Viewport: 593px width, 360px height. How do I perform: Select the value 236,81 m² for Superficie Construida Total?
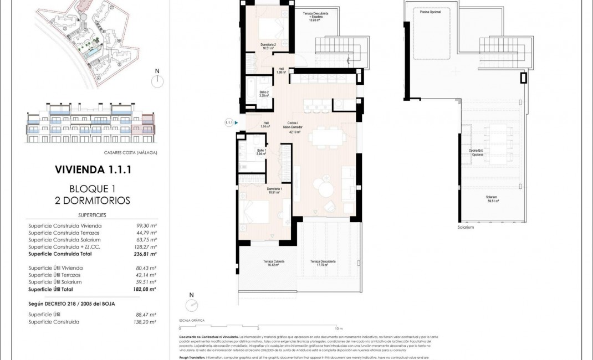(146, 254)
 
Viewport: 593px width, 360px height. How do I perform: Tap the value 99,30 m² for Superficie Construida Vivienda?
(146, 225)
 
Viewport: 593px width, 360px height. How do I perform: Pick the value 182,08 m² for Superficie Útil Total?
(146, 289)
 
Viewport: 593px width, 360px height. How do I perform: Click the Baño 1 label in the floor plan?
(262, 152)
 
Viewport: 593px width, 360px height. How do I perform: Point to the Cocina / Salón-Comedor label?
(294, 127)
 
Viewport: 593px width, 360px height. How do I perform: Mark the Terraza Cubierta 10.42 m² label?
(273, 263)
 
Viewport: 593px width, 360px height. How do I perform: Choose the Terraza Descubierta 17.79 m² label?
(323, 263)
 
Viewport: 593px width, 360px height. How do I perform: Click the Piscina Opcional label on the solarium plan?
(430, 12)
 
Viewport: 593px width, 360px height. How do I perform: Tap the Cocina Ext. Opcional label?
(477, 153)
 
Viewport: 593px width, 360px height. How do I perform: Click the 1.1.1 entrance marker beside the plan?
(228, 122)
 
